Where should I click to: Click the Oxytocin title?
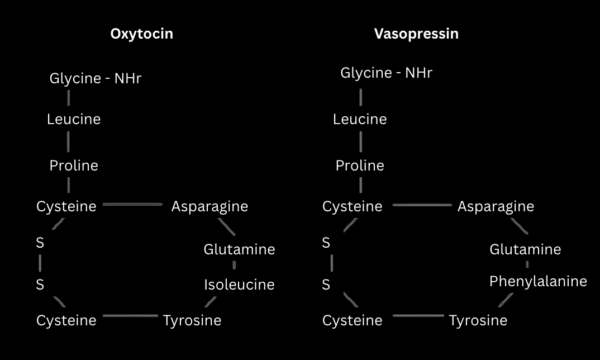pyautogui.click(x=141, y=34)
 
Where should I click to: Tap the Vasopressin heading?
pyautogui.click(x=416, y=34)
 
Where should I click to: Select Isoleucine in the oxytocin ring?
pyautogui.click(x=239, y=285)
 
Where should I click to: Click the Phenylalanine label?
pyautogui.click(x=538, y=281)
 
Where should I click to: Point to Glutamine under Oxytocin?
pyautogui.click(x=239, y=249)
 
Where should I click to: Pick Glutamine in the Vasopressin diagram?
pyautogui.click(x=525, y=249)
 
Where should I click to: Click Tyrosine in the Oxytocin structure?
pyautogui.click(x=192, y=320)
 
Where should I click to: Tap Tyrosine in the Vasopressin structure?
pyautogui.click(x=478, y=320)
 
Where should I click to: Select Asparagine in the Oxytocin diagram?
pyautogui.click(x=209, y=206)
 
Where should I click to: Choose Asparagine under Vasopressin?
pyautogui.click(x=496, y=206)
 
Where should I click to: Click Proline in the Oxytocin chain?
pyautogui.click(x=74, y=166)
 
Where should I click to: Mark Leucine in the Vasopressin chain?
pyautogui.click(x=360, y=120)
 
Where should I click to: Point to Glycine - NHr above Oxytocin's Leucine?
pyautogui.click(x=96, y=79)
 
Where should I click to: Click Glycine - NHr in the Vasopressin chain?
pyautogui.click(x=387, y=73)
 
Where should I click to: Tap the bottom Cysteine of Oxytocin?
pyautogui.click(x=66, y=320)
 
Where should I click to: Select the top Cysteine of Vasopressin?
pyautogui.click(x=353, y=206)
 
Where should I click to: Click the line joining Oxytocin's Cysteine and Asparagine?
pyautogui.click(x=133, y=205)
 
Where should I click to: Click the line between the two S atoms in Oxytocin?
pyautogui.click(x=40, y=263)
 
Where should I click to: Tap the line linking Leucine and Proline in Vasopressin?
pyautogui.click(x=360, y=142)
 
